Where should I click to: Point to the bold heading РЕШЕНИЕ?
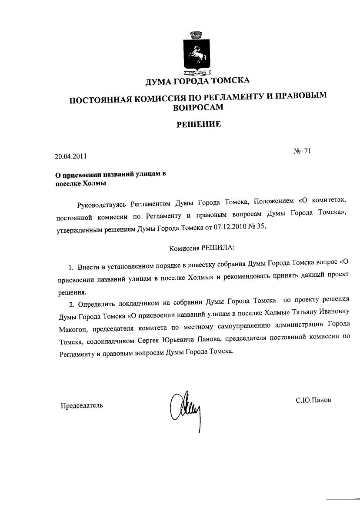point(198,125)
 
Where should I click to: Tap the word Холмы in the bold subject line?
point(94,183)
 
